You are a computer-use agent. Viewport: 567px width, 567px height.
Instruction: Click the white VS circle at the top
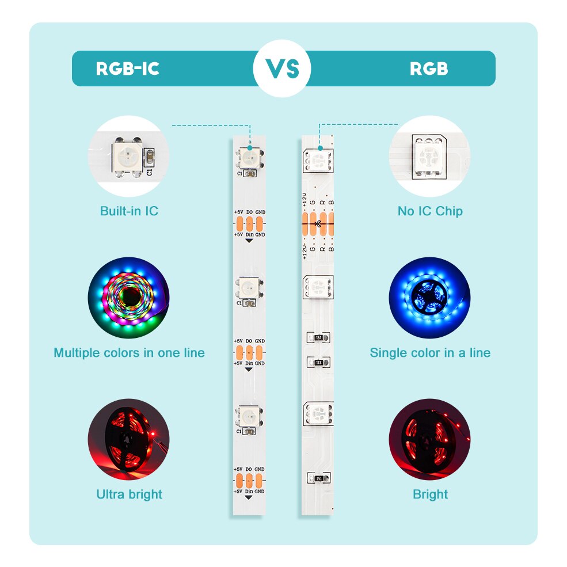[x=282, y=69]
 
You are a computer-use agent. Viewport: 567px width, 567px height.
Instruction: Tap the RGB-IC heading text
[x=127, y=69]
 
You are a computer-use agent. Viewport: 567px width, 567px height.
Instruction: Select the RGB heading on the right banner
[x=429, y=69]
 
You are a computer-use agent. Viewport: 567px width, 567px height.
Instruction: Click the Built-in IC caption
[x=129, y=211]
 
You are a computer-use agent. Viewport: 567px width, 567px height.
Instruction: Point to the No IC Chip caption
[x=430, y=211]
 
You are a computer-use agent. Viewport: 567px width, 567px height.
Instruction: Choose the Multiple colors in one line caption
[x=129, y=352]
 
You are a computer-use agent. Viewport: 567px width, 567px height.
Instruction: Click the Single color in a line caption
[x=430, y=352]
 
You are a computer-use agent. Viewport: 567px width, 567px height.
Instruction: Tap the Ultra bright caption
[x=129, y=494]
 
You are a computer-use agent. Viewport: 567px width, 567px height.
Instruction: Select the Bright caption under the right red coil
[x=430, y=494]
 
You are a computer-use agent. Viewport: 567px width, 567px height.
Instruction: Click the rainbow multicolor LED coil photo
[x=128, y=298]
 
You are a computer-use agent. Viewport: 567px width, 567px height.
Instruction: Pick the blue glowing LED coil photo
[x=429, y=298]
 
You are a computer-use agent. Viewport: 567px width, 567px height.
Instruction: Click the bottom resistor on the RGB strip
[x=318, y=478]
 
